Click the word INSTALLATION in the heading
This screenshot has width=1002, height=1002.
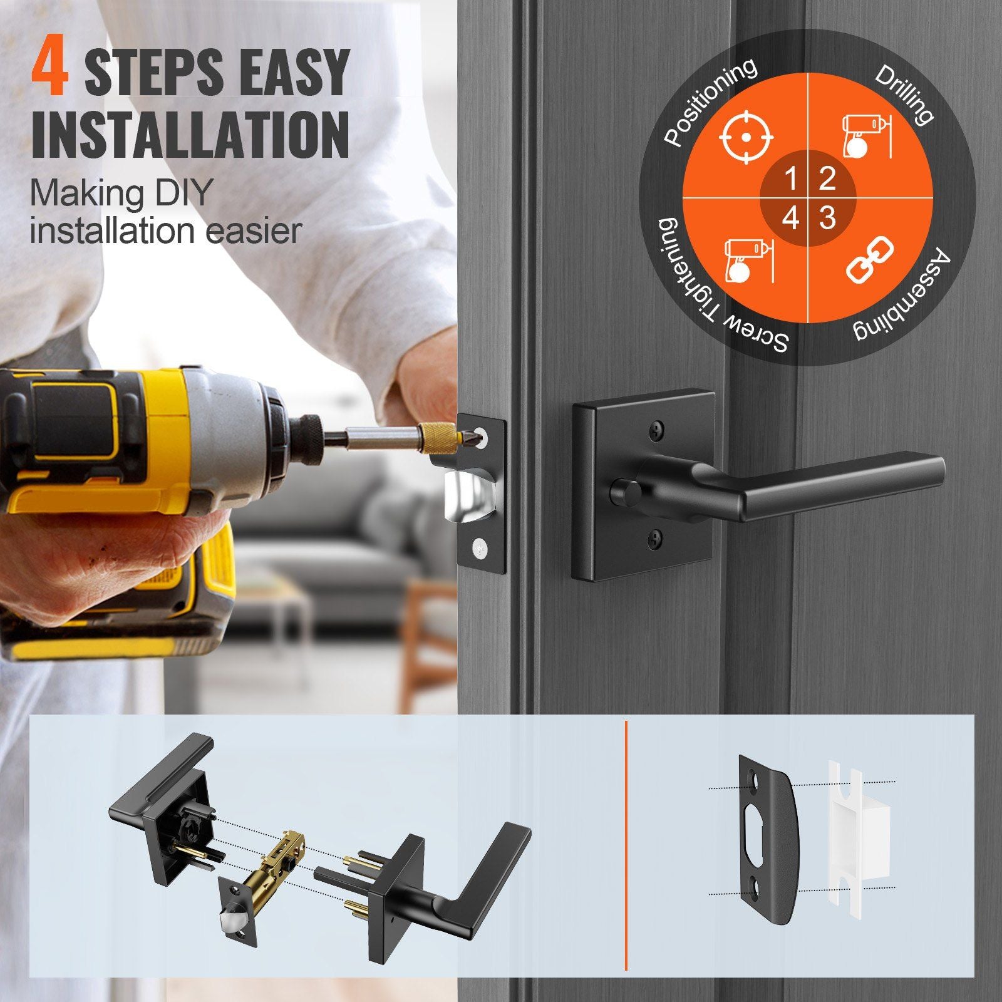[x=190, y=135]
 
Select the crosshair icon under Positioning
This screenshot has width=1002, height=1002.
[x=746, y=137]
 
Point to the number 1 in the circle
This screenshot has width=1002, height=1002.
[x=790, y=179]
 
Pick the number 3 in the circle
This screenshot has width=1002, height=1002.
[x=827, y=218]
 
